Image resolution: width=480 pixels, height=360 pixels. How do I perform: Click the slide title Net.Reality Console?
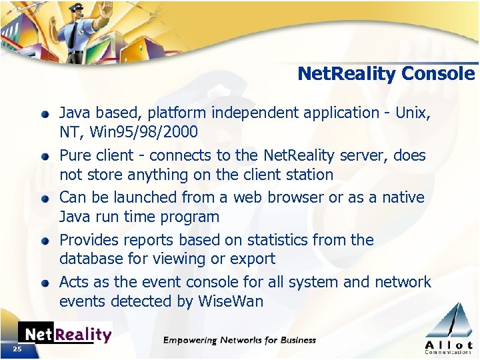tap(386, 73)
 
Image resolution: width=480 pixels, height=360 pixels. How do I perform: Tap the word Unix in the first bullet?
tap(413, 113)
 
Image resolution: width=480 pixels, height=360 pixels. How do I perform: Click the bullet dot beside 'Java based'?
tap(45, 113)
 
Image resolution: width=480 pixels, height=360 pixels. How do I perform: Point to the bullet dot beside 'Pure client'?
tap(45, 156)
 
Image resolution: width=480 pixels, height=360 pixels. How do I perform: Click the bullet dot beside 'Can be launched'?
tap(45, 198)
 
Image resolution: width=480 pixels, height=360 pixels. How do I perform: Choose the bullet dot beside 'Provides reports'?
tap(45, 241)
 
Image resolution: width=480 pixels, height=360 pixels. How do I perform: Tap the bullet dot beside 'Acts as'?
tap(45, 283)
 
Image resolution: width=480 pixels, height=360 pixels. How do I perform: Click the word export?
tap(253, 259)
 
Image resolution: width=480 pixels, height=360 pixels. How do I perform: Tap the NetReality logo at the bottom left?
tap(65, 334)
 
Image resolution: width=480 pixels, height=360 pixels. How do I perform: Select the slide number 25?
tap(17, 349)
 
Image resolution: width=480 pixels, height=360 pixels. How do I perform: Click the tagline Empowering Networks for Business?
tap(239, 340)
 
